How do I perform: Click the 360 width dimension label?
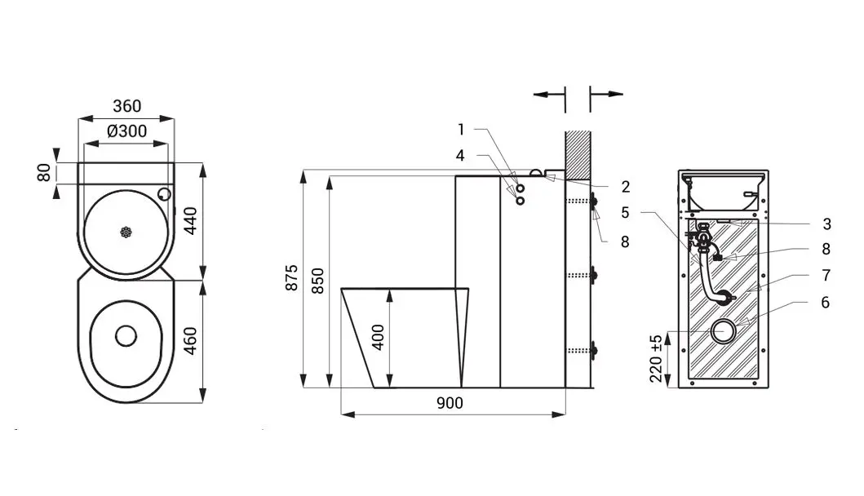click(126, 106)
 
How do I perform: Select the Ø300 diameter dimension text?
click(126, 131)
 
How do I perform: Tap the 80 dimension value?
click(44, 173)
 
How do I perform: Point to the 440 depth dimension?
click(190, 220)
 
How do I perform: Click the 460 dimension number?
click(190, 340)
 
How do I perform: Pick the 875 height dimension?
click(292, 277)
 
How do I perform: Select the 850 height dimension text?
click(318, 281)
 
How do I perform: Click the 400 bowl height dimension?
click(378, 337)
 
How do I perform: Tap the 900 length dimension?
click(450, 404)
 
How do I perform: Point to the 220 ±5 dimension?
click(656, 359)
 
